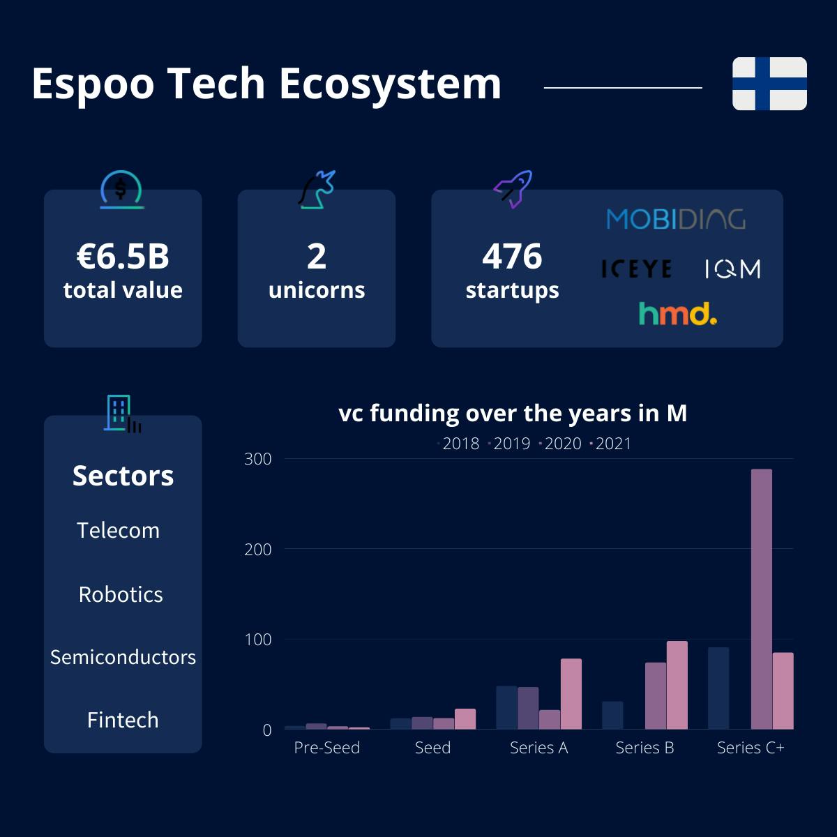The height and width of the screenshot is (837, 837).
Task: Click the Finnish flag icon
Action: (x=769, y=84)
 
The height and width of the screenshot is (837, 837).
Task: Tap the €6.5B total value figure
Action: (x=123, y=256)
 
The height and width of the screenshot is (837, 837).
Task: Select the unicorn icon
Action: (x=317, y=190)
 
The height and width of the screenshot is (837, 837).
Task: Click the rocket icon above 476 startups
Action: (x=513, y=190)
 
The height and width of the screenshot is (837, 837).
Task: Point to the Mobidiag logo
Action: (x=676, y=219)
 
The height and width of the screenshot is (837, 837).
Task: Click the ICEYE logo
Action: (x=637, y=269)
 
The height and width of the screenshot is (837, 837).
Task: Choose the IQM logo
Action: (x=733, y=269)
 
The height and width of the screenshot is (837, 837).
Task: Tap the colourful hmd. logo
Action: (x=677, y=314)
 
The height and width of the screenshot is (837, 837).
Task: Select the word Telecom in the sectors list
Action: (x=118, y=530)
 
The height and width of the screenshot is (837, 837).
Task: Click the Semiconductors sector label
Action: (x=123, y=657)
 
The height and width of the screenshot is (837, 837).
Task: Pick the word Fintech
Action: (x=123, y=720)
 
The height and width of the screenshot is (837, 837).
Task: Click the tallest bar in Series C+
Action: (x=762, y=599)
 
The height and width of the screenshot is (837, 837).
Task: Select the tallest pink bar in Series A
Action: (x=571, y=693)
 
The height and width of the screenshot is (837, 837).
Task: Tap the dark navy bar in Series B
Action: (x=612, y=715)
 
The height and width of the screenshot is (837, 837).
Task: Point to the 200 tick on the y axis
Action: (x=258, y=550)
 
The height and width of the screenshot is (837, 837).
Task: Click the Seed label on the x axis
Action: (x=432, y=748)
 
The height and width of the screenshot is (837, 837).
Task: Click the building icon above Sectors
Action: (x=123, y=414)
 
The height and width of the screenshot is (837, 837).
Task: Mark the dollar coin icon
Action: (x=121, y=190)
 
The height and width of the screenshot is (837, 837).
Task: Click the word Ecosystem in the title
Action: (x=390, y=84)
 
